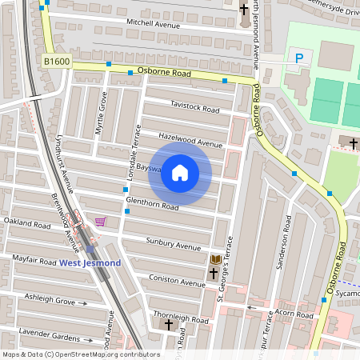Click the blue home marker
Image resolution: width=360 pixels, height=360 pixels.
pyautogui.click(x=180, y=173)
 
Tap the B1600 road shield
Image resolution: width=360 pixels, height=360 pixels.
pyautogui.click(x=57, y=61)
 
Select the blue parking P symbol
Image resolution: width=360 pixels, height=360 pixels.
pyautogui.click(x=299, y=58)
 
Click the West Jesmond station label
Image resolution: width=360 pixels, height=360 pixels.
pyautogui.click(x=90, y=263)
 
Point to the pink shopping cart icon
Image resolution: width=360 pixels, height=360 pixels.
pyautogui.click(x=100, y=222)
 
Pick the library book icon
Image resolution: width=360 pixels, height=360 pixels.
pyautogui.click(x=215, y=259)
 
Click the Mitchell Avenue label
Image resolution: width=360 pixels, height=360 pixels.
pyautogui.click(x=150, y=23)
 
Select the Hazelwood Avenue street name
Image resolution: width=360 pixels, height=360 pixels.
pyautogui.click(x=190, y=138)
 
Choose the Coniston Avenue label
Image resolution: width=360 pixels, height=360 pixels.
pyautogui.click(x=177, y=282)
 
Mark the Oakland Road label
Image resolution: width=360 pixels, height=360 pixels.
pyautogui.click(x=28, y=221)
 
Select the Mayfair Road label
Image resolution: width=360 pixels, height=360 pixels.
pyautogui.click(x=34, y=261)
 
